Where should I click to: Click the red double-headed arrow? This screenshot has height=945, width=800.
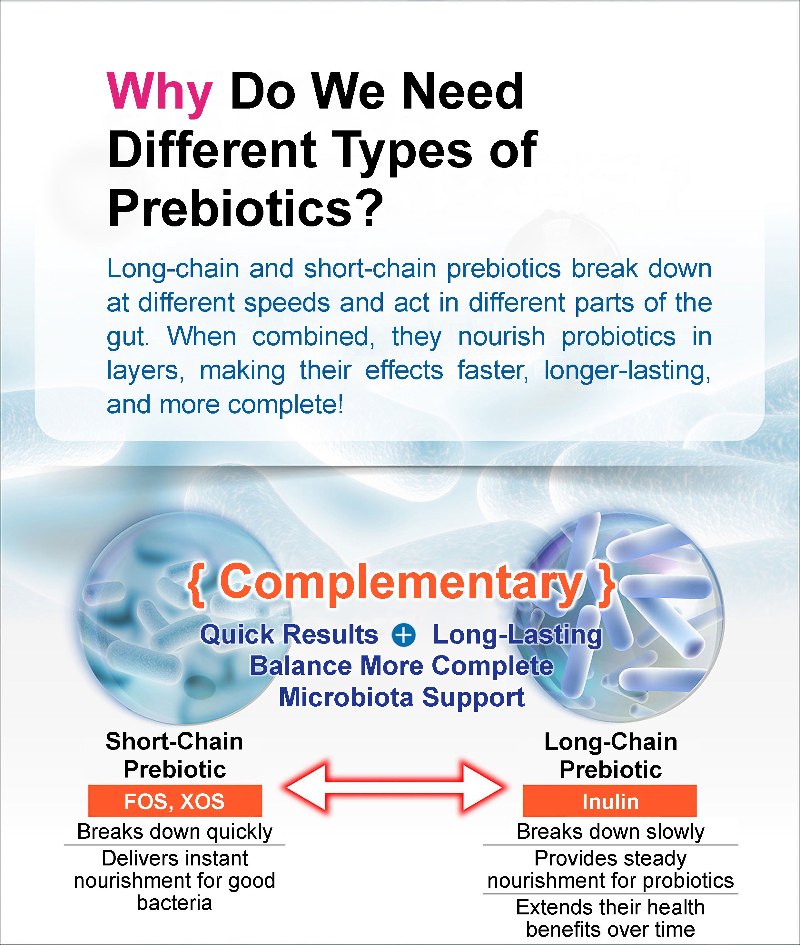point(394,787)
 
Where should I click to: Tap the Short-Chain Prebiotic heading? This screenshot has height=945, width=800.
point(174,755)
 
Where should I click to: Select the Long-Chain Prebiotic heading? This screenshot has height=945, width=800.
point(610,755)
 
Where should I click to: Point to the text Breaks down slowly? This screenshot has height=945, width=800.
point(610,831)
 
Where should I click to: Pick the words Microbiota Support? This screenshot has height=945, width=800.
point(401,697)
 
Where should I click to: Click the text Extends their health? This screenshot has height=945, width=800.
point(610,907)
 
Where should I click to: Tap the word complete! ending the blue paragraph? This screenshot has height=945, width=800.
point(286,405)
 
